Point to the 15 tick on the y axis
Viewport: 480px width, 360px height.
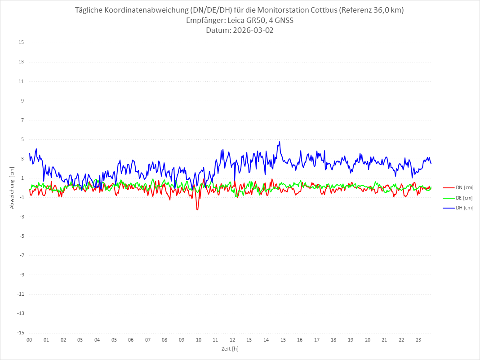click(x=21, y=43)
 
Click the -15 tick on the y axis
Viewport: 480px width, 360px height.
click(x=20, y=333)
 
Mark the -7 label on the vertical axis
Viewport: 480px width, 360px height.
click(x=21, y=255)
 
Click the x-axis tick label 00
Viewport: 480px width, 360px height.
click(x=29, y=340)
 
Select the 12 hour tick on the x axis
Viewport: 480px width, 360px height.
click(x=232, y=340)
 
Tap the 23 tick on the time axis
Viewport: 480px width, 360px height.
click(x=418, y=340)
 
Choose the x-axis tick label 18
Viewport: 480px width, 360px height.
click(x=334, y=340)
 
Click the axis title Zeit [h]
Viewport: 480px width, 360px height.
click(x=230, y=349)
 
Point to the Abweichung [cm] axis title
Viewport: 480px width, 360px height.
click(x=12, y=187)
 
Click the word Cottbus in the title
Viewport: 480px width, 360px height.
click(x=325, y=10)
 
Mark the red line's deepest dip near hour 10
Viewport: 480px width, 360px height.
click(x=197, y=210)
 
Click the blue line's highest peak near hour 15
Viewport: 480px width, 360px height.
click(x=280, y=142)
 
